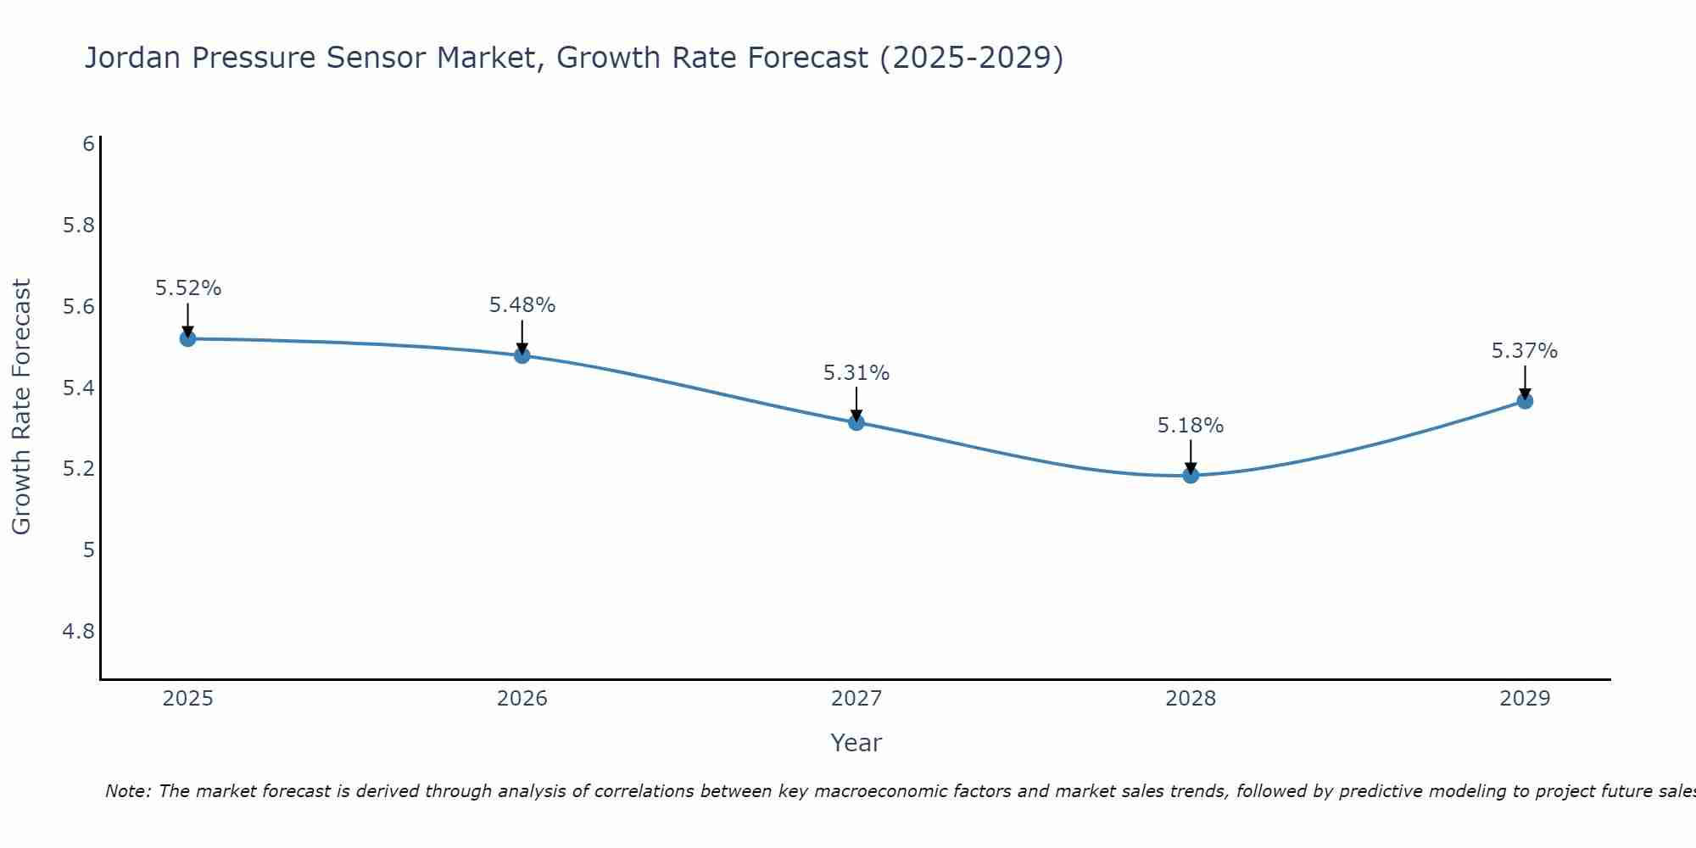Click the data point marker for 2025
click(x=187, y=338)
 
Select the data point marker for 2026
click(x=522, y=354)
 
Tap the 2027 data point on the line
click(x=856, y=422)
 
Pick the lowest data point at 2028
click(x=1191, y=475)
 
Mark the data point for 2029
click(x=1525, y=400)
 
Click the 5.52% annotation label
click(x=187, y=288)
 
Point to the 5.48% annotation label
click(x=522, y=305)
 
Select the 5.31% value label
click(x=856, y=373)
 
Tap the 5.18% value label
click(x=1191, y=426)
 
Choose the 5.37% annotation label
click(x=1525, y=351)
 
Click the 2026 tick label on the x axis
click(x=522, y=699)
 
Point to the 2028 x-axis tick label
click(x=1191, y=699)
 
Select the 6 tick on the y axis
click(x=88, y=144)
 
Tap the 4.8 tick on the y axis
click(x=79, y=632)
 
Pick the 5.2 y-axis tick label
click(x=79, y=469)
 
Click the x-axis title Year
click(x=856, y=743)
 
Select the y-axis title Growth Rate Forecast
click(x=21, y=407)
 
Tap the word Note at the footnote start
click(x=127, y=791)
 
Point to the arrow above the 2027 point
click(x=856, y=404)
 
